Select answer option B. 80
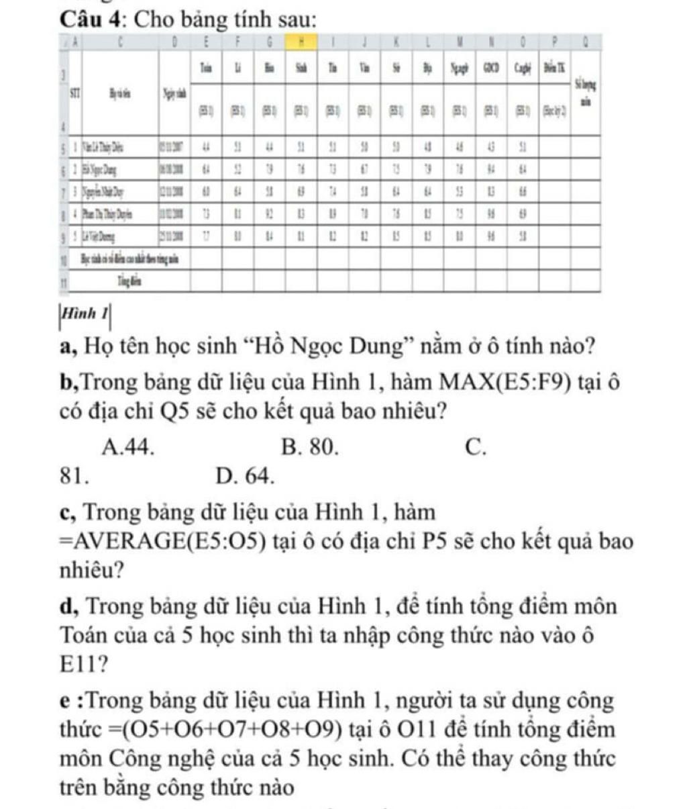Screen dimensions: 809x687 click(309, 446)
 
